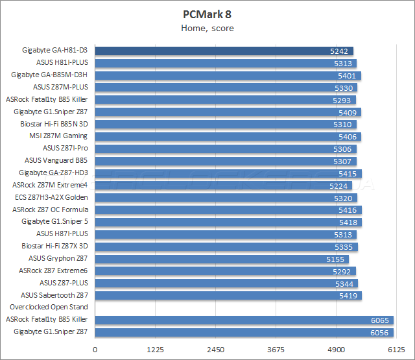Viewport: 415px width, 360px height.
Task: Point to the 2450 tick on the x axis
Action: click(x=215, y=350)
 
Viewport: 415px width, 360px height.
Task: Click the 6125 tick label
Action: click(x=396, y=350)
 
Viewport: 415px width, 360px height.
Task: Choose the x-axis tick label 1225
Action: click(x=156, y=350)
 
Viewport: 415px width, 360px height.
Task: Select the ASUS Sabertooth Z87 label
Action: click(x=54, y=295)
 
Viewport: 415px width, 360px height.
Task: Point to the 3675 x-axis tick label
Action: click(x=276, y=350)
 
